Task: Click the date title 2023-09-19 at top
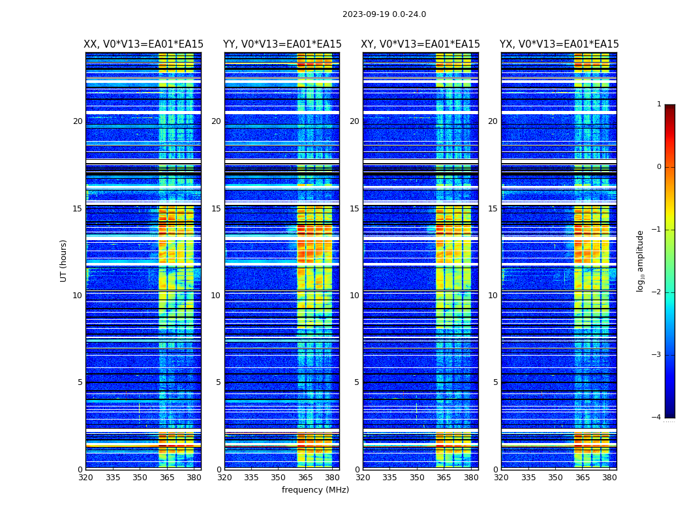click(x=384, y=14)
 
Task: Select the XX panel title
click(x=144, y=44)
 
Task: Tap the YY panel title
click(x=282, y=44)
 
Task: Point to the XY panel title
click(x=420, y=44)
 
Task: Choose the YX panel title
click(x=559, y=44)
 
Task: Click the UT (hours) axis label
click(x=64, y=260)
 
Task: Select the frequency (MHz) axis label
click(x=315, y=490)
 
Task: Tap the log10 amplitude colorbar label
click(x=641, y=260)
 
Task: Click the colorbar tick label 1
click(x=659, y=104)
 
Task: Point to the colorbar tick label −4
click(x=657, y=418)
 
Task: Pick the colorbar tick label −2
click(x=657, y=292)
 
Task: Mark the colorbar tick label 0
click(x=659, y=167)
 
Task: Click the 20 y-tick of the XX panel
click(x=78, y=121)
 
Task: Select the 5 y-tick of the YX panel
click(x=496, y=382)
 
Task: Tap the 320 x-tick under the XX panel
click(x=85, y=477)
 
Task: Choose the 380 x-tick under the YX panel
click(x=609, y=477)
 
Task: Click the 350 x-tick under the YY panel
click(x=279, y=477)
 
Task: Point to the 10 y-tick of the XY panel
click(x=354, y=296)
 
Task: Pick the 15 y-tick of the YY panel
click(x=216, y=209)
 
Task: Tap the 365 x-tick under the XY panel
click(x=444, y=477)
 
